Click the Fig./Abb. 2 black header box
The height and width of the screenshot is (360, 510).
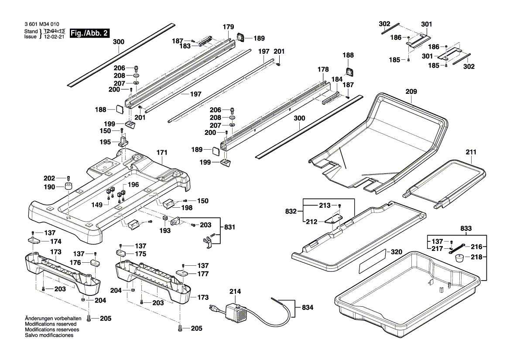(x=89, y=33)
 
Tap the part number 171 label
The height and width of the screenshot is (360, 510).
(x=162, y=153)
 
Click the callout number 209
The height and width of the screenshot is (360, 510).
(x=411, y=92)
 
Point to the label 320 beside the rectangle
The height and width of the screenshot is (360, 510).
(x=397, y=252)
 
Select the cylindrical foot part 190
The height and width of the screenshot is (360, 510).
(x=68, y=188)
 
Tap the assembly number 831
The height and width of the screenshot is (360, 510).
(x=229, y=227)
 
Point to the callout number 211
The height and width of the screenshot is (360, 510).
(x=471, y=152)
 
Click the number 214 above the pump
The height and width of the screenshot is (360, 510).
(x=235, y=291)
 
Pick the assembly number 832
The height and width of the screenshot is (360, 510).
(x=291, y=212)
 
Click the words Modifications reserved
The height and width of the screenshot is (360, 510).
(x=51, y=325)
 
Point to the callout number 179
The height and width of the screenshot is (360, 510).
(x=229, y=27)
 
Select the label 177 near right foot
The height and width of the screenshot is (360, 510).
(x=203, y=274)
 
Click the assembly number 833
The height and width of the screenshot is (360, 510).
(x=466, y=228)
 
